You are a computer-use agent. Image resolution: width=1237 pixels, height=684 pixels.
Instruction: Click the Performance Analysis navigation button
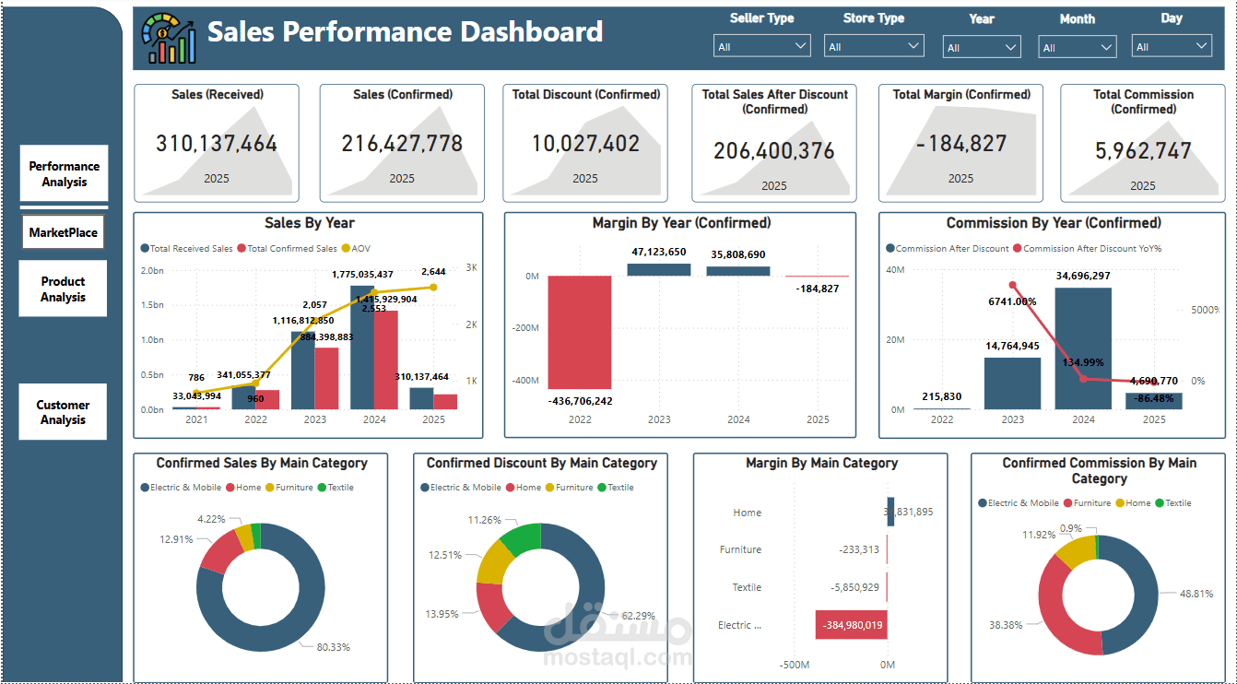click(x=64, y=174)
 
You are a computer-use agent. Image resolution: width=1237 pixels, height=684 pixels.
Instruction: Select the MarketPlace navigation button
click(x=63, y=232)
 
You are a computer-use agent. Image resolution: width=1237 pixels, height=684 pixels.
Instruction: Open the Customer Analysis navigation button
click(x=64, y=412)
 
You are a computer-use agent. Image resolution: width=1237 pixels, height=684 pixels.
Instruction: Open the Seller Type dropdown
click(x=761, y=46)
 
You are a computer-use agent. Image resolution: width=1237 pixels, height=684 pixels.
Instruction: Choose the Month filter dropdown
click(x=1077, y=47)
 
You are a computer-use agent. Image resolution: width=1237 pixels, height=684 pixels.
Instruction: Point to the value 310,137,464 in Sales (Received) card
click(x=217, y=144)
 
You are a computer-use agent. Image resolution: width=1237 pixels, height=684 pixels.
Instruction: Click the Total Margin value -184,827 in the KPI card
click(x=960, y=144)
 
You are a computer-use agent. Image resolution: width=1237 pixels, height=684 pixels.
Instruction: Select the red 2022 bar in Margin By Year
click(x=580, y=332)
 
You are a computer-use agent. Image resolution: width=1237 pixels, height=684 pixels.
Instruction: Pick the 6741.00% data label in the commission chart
click(x=1012, y=301)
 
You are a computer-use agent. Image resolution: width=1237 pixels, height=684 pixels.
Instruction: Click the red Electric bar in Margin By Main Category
click(x=851, y=625)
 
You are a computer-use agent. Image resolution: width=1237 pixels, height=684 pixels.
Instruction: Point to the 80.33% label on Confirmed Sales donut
click(x=333, y=647)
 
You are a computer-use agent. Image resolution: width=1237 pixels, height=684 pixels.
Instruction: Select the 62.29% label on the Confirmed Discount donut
click(x=638, y=616)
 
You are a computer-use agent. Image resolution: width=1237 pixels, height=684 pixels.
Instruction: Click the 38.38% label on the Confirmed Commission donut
click(x=1007, y=625)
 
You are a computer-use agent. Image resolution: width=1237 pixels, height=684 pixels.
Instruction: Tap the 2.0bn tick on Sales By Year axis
click(x=151, y=271)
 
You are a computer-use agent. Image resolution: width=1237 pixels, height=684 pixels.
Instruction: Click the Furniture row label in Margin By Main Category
click(x=740, y=549)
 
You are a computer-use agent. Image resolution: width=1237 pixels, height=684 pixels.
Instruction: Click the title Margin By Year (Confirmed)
click(x=681, y=223)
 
